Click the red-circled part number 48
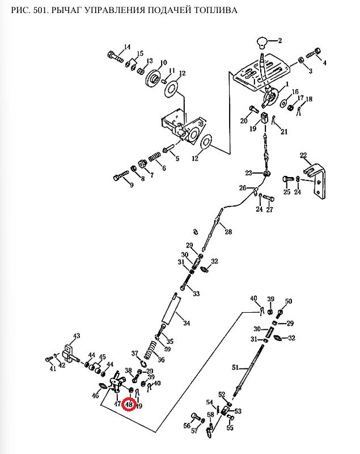[129, 405]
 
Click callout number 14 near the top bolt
[126, 47]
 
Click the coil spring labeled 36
[151, 349]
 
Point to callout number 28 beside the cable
[228, 232]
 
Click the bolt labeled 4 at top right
[316, 54]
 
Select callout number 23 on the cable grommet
[248, 173]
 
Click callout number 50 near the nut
[288, 301]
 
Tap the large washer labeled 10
[151, 78]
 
